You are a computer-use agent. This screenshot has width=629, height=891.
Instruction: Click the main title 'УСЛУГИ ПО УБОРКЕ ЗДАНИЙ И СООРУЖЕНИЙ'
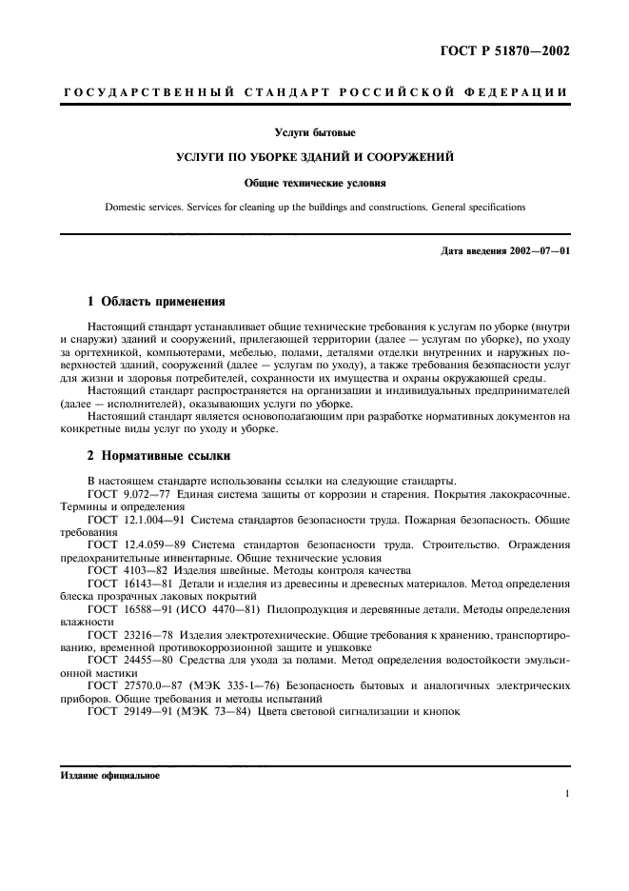click(314, 156)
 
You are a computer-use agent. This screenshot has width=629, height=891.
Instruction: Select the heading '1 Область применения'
click(156, 300)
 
